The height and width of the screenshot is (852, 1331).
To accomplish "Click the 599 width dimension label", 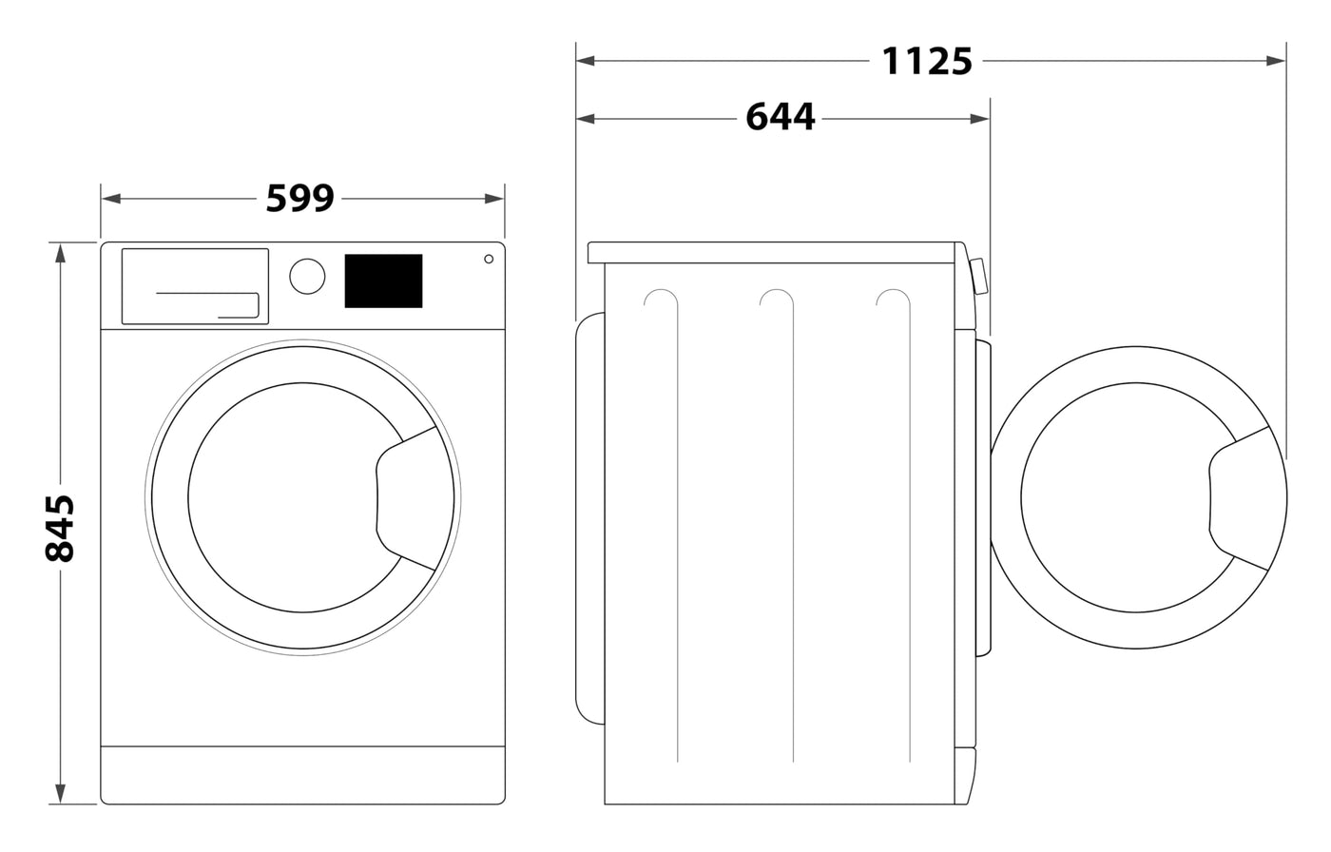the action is pos(300,199).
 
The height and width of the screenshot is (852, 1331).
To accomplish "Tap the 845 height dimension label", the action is pos(60,528).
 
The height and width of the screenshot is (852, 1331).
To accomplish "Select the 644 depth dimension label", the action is pos(781,118).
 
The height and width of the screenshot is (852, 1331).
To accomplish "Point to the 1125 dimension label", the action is pos(927,61).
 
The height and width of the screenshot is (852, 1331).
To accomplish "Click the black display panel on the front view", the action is pos(383,281).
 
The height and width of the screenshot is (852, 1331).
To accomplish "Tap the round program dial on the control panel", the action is pos(307,277).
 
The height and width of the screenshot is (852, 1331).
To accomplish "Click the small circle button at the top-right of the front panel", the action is pos(489,259).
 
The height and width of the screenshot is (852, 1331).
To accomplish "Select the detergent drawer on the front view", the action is pos(195,286).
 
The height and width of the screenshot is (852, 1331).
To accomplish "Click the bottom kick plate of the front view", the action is pos(302,775).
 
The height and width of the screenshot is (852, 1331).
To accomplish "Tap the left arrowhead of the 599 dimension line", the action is pos(111,199).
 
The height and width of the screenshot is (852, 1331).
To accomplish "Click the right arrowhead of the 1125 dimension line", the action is pos(1276,61).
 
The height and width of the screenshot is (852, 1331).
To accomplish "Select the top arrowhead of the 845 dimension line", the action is pos(60,253).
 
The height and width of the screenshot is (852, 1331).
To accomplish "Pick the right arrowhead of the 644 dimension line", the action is pos(980,119).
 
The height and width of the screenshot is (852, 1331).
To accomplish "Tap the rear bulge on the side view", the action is pos(590,518).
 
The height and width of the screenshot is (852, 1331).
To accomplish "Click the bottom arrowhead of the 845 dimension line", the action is pos(60,794).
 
